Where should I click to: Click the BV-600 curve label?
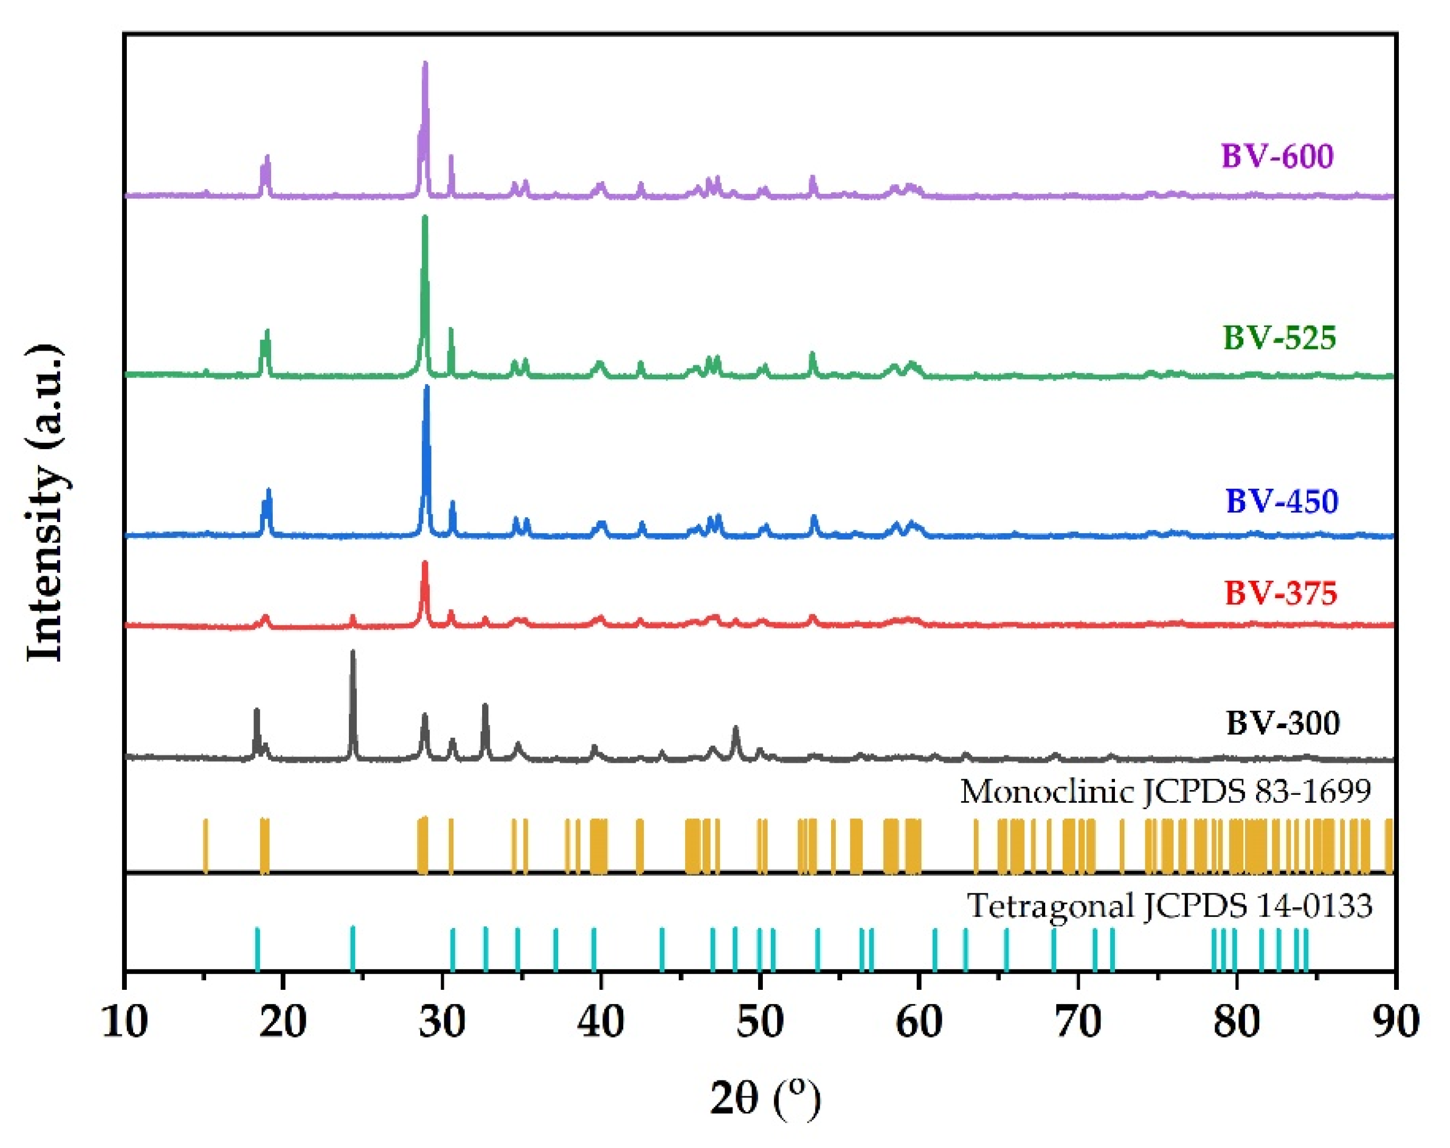tap(1277, 157)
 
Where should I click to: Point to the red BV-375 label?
tap(1281, 593)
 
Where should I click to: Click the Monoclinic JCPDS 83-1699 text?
tap(1165, 792)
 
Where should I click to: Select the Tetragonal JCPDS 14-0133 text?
tap(1169, 906)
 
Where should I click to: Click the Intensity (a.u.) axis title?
tap(46, 504)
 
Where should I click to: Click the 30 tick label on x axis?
tap(443, 1022)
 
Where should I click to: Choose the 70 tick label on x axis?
tap(1078, 1022)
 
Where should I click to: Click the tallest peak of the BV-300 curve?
tap(353, 652)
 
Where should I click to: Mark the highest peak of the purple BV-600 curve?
tap(425, 64)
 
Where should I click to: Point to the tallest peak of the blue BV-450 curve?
tap(426, 388)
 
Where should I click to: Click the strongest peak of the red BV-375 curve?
tap(425, 563)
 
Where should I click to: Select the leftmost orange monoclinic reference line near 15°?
tap(206, 845)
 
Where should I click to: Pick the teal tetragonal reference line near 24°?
tap(353, 948)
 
